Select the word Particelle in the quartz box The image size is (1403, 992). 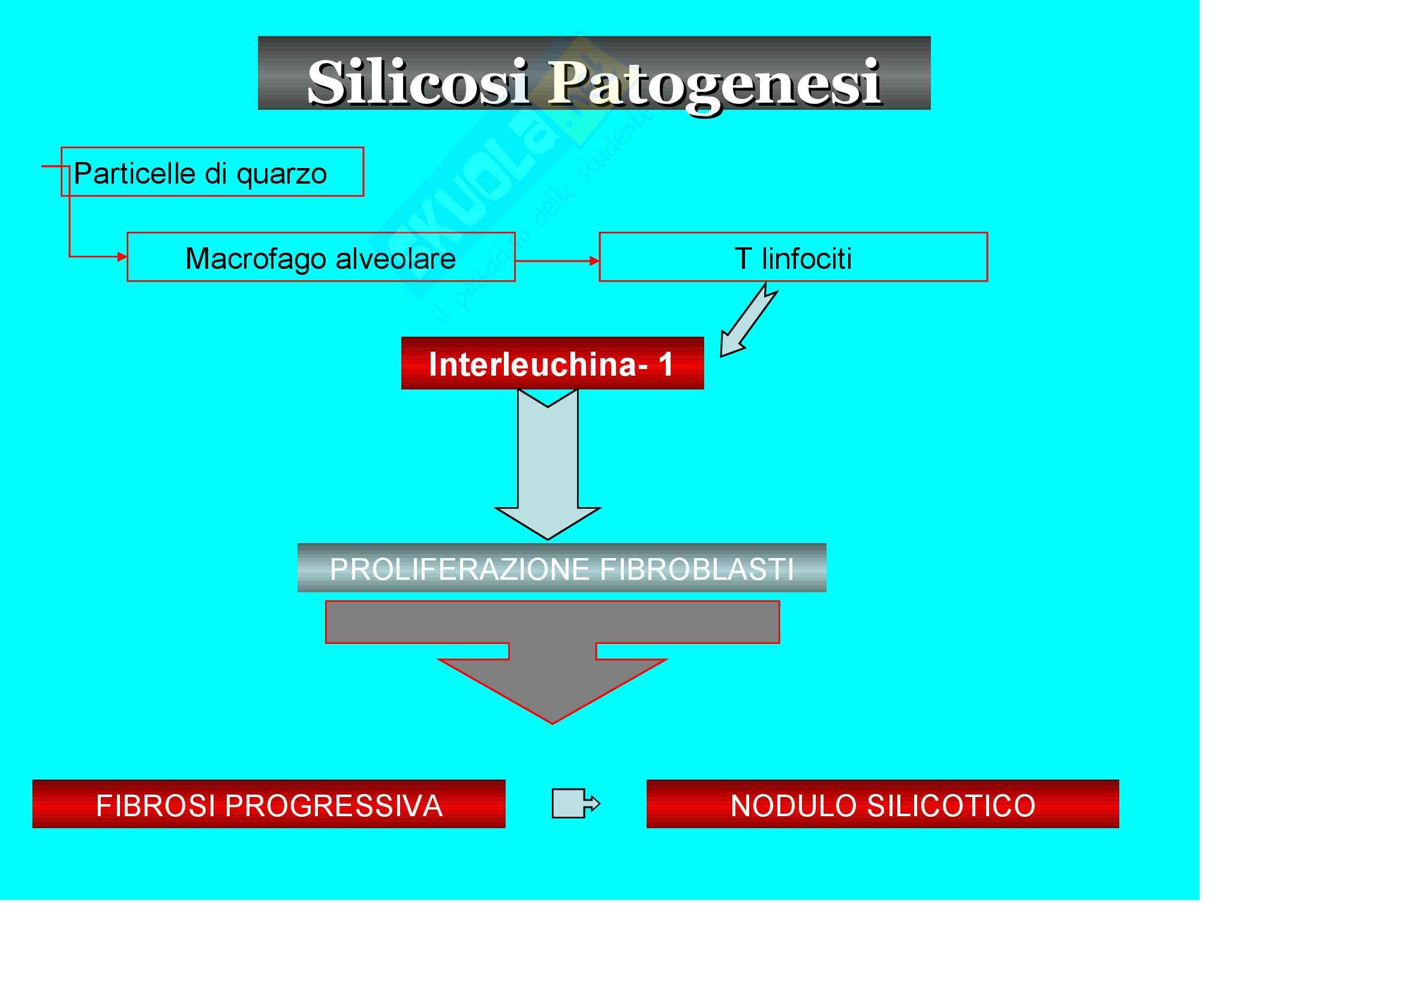[134, 173]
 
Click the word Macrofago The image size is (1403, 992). [256, 259]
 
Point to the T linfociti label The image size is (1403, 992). [792, 259]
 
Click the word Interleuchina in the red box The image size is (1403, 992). [532, 364]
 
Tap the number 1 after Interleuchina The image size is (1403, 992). [665, 364]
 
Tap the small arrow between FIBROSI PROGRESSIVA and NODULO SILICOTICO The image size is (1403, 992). [575, 803]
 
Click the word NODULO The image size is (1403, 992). [794, 805]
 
